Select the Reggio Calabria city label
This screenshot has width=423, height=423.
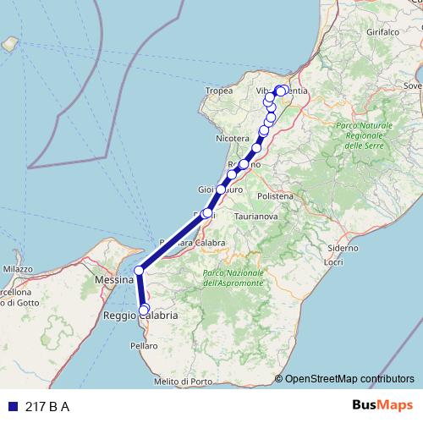(x=140, y=316)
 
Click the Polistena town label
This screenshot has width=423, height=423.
(x=276, y=195)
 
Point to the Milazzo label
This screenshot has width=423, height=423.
(x=17, y=269)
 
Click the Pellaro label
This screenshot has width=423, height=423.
(x=145, y=346)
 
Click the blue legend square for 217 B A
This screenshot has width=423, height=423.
(x=12, y=407)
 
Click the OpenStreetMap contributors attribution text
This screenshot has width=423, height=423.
(x=349, y=379)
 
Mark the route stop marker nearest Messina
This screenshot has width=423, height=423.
(x=139, y=271)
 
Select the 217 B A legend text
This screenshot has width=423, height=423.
(x=47, y=407)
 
